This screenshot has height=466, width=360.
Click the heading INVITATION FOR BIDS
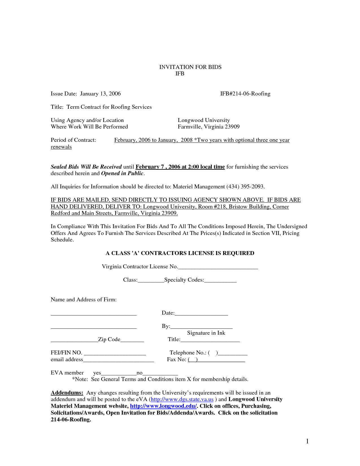click(190, 67)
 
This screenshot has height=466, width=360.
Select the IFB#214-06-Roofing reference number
click(245, 93)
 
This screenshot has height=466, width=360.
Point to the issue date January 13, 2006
click(100, 93)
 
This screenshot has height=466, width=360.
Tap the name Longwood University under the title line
click(204, 120)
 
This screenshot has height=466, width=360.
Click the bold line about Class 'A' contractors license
click(180, 253)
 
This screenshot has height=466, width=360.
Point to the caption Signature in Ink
click(206, 333)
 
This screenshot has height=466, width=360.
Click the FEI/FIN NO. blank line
click(115, 353)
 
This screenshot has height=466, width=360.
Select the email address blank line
click(119, 360)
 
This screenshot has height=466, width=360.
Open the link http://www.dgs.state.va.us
click(182, 399)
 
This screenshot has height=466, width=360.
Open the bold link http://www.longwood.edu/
click(163, 406)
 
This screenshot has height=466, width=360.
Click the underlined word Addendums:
click(67, 393)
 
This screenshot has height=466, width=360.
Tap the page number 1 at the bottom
click(307, 441)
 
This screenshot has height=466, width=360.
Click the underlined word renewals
click(61, 147)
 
